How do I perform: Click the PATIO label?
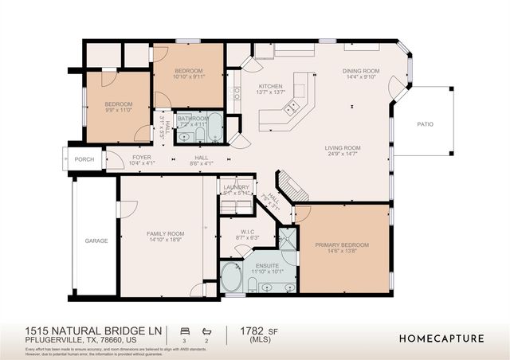[x=427, y=125]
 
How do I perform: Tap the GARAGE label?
[x=96, y=240]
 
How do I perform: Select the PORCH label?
[x=84, y=159]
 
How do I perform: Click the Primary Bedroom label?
[x=342, y=245]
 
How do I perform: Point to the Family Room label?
[x=166, y=233]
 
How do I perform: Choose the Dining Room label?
[x=361, y=71]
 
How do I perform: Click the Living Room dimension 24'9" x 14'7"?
[x=343, y=155]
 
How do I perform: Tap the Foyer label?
[x=142, y=158]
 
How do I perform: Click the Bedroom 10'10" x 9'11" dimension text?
[x=187, y=78]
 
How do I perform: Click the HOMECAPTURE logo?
[x=441, y=338]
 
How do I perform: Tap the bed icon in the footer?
[x=185, y=329]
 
